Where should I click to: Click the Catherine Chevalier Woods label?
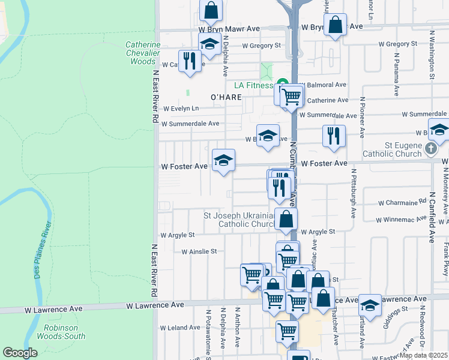click(143, 53)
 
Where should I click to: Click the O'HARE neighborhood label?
click(226, 97)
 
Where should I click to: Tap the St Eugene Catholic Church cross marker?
click(430, 148)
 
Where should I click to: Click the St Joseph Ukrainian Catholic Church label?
click(239, 220)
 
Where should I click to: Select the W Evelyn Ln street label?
click(181, 109)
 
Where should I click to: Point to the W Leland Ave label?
click(181, 328)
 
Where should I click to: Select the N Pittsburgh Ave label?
click(354, 194)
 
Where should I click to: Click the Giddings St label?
click(397, 312)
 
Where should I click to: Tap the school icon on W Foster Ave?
click(223, 160)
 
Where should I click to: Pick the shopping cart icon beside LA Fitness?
click(292, 95)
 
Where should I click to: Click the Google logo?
click(20, 353)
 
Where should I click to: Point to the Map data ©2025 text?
click(423, 355)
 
